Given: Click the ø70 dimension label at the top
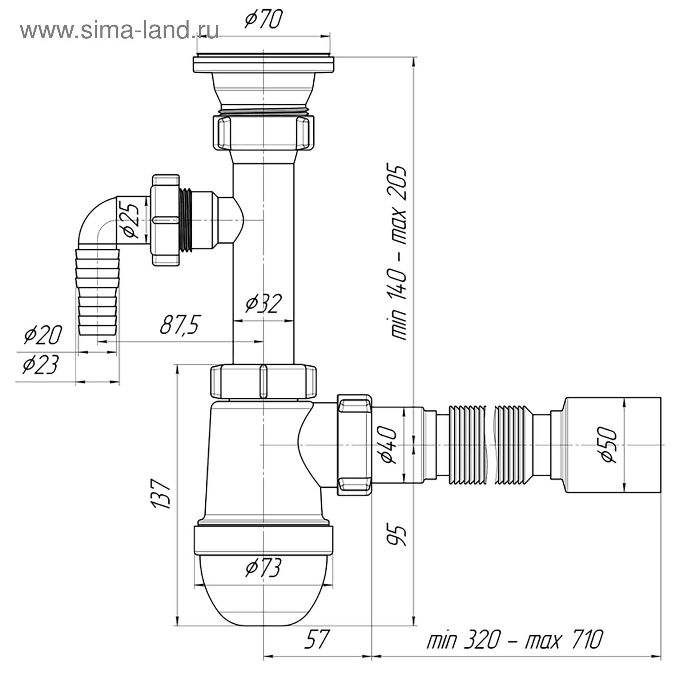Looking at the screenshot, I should tap(263, 20).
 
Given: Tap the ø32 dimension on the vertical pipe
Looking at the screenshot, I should tap(263, 303).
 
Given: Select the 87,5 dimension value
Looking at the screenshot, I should tap(179, 325).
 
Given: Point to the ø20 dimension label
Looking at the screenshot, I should tap(43, 334).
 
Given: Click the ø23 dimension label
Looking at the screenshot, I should tap(40, 365).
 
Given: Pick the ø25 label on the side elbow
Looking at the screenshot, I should tap(130, 221).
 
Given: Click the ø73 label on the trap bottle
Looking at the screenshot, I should tap(263, 568).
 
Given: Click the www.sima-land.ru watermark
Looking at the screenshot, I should tap(119, 30).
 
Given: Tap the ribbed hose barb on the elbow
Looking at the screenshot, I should tap(97, 293).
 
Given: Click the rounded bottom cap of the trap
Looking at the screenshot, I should tap(263, 595).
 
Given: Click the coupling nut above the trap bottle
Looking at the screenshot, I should tap(263, 381).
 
